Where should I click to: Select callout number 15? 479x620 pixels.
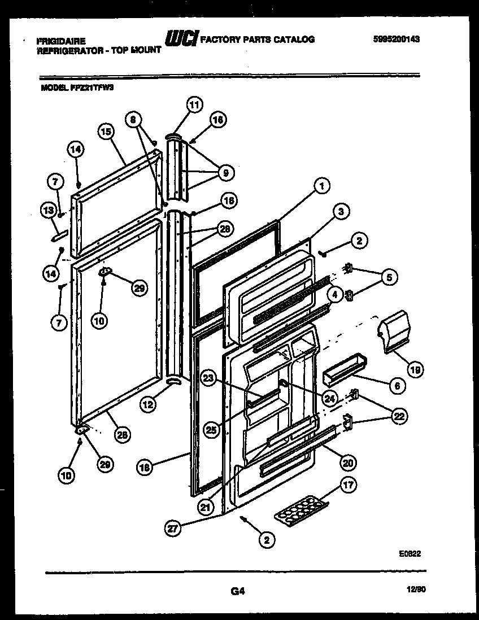pyautogui.click(x=106, y=133)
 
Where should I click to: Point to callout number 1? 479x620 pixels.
pyautogui.click(x=321, y=185)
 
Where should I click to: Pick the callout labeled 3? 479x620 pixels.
pyautogui.click(x=339, y=212)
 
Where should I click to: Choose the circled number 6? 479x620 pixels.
pyautogui.click(x=397, y=386)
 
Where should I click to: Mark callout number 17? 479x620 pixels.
pyautogui.click(x=349, y=484)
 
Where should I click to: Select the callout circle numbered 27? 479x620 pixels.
pyautogui.click(x=172, y=529)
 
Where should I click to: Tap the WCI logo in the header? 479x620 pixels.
pyautogui.click(x=180, y=38)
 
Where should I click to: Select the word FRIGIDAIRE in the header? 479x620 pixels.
pyautogui.click(x=61, y=41)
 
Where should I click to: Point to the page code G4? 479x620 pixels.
pyautogui.click(x=237, y=591)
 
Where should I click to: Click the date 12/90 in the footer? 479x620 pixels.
pyautogui.click(x=415, y=589)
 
